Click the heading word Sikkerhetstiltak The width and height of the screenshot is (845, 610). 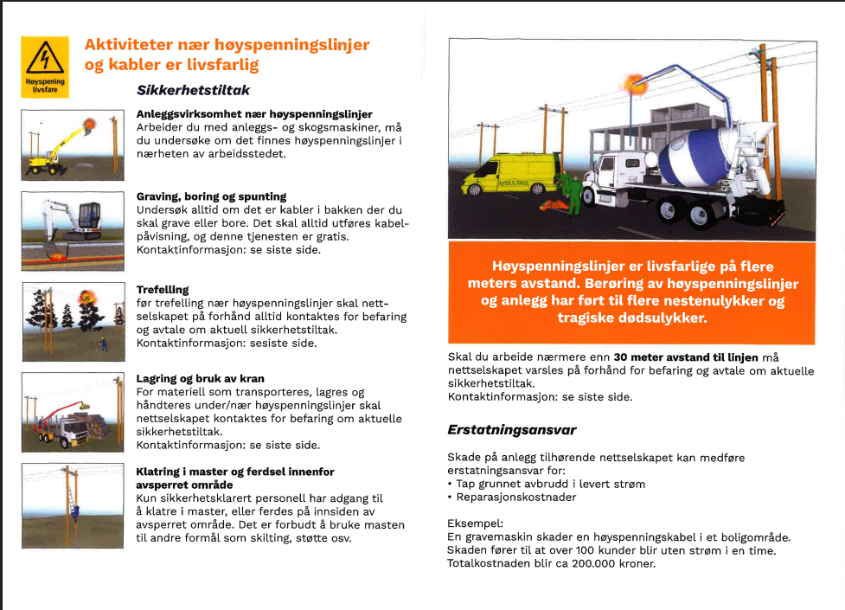(x=193, y=89)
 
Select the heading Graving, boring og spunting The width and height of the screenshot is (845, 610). (x=211, y=196)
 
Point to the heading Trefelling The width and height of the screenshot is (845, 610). (x=163, y=289)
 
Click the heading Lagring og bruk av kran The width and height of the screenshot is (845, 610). (x=200, y=378)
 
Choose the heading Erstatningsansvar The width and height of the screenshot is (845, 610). (x=511, y=429)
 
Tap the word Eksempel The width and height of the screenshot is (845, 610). (x=474, y=523)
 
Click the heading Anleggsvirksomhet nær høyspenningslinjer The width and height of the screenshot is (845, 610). (x=254, y=114)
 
